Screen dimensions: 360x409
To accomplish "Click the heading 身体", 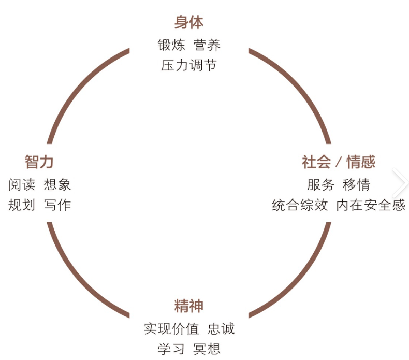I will pos(189,22).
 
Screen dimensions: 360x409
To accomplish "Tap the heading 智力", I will pos(39,162).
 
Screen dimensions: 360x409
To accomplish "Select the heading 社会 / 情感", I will pos(339,162).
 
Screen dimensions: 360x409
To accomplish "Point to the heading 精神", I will pos(189,306).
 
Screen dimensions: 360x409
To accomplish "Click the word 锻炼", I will pos(171,45).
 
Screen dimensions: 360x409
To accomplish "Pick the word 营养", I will pos(207,45).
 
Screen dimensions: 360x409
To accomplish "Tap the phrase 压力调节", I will pos(189,66).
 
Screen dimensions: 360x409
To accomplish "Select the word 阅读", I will pos(22,184).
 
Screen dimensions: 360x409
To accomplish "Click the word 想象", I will pos(57,184).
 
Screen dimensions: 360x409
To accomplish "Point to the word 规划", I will pos(22,205).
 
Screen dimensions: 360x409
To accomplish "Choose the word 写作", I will pos(57,205).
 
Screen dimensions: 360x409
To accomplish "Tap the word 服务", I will pos(320,184).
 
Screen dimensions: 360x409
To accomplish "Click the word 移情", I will pos(356,184).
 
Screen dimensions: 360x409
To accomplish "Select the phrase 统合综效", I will pos(300,205).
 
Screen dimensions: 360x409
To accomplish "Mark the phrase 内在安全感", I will pos(371,205).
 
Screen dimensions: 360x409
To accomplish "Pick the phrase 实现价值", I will pos(171,328).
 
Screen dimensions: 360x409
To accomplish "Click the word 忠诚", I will pos(221,328).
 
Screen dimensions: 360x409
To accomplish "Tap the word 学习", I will pos(171,349).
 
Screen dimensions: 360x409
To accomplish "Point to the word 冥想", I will pos(207,349).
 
